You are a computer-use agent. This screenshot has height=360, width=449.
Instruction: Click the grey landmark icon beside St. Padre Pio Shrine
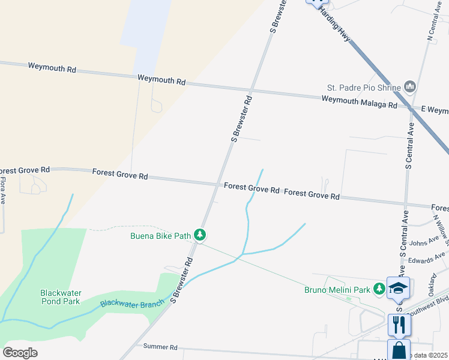[411, 87]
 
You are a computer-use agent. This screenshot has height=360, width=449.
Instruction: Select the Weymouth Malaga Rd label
[359, 102]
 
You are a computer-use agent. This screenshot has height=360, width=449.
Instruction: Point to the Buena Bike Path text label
[160, 236]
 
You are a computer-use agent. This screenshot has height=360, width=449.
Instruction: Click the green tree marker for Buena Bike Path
[200, 236]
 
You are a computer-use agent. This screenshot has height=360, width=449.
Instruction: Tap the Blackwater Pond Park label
[61, 297]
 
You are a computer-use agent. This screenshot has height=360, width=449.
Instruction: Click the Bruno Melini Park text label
[336, 290]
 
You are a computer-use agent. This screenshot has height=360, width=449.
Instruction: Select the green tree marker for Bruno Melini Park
[379, 289]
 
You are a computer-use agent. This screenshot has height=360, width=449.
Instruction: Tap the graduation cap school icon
[399, 287]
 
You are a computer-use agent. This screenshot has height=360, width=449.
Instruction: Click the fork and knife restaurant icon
[399, 325]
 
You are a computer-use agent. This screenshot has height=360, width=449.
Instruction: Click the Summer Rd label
[161, 347]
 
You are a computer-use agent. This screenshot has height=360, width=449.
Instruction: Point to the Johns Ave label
[424, 242]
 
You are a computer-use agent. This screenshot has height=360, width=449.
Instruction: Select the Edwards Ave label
[427, 259]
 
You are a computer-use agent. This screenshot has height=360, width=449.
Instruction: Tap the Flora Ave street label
[3, 190]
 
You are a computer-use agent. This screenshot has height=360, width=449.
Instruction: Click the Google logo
[20, 352]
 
